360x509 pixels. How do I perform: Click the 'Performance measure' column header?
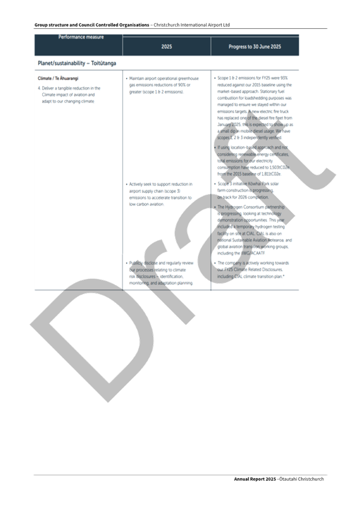point(81,37)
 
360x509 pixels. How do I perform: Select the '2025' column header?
point(166,47)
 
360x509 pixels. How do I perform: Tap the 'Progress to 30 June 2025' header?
point(254,47)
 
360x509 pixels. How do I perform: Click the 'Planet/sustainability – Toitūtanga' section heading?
point(77,63)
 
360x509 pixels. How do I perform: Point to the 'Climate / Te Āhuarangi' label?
point(58,78)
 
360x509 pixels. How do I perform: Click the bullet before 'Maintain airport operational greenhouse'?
point(126,78)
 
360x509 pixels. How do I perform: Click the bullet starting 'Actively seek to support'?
point(126,184)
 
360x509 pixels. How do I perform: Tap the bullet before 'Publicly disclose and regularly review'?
point(126,263)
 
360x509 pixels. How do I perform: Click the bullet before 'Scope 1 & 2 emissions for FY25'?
point(215,78)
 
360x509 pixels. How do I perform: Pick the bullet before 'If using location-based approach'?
point(215,147)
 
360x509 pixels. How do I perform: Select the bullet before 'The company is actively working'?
point(215,263)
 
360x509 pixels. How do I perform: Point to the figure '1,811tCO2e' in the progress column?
point(273,174)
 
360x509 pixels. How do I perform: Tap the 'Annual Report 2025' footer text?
point(253,479)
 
